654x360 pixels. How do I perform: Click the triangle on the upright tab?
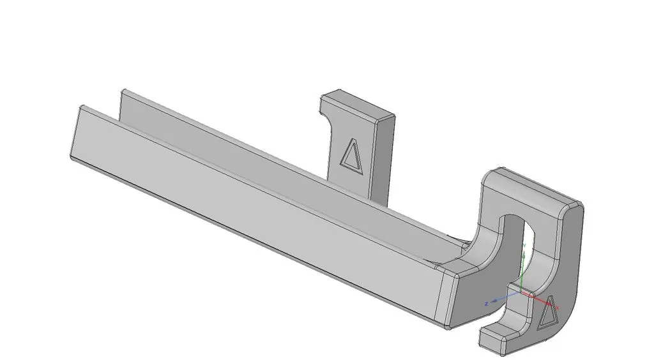[x=351, y=155]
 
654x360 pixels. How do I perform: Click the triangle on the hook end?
[x=548, y=312]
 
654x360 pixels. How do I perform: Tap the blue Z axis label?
[x=487, y=303]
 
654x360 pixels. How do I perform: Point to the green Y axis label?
[x=524, y=246]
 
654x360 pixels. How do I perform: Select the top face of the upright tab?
[x=358, y=105]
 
